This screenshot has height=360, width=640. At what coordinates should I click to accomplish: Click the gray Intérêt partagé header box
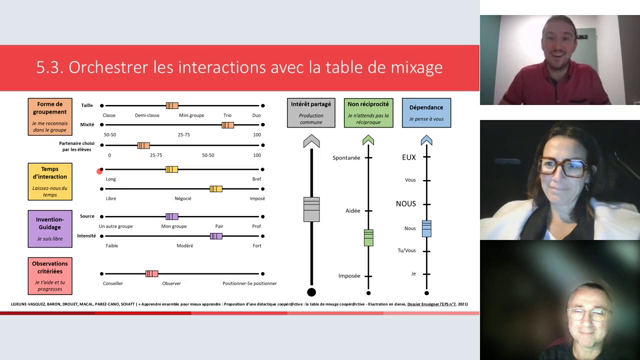[311, 109]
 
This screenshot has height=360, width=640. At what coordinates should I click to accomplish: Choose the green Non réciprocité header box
[368, 109]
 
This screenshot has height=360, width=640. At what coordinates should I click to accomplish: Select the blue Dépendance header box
[426, 109]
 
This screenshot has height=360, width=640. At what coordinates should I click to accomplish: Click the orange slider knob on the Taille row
[172, 105]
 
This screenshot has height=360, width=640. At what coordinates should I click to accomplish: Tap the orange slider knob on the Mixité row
[228, 124]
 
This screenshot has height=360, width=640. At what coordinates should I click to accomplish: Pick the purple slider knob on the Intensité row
[216, 236]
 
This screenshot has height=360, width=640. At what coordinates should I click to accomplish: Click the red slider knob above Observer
[152, 273]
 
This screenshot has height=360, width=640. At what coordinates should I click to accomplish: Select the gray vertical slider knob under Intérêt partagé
[311, 209]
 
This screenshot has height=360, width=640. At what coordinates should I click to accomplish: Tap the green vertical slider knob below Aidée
[368, 237]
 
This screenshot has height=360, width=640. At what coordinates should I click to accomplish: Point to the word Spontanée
[345, 158]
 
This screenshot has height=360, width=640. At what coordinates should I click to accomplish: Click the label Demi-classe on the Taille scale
[148, 115]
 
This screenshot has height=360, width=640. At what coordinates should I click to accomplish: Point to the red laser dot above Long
[100, 171]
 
